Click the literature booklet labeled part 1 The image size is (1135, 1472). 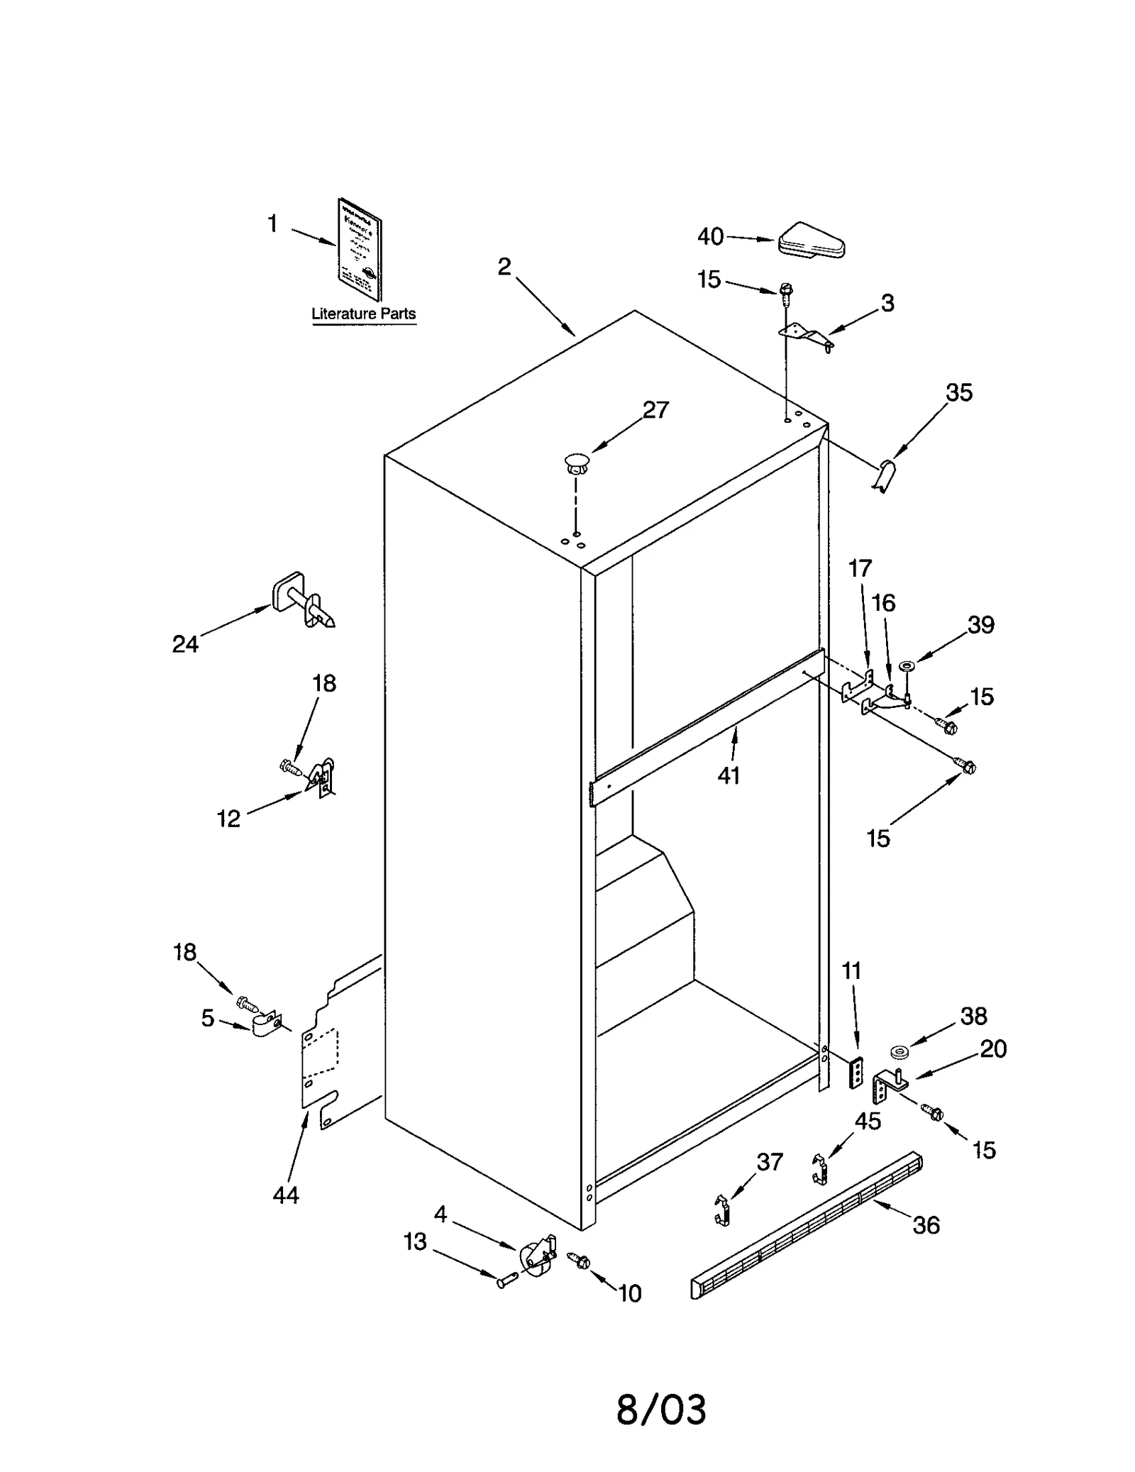pos(359,250)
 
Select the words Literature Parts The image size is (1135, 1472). pos(363,314)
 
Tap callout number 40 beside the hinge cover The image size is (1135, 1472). pos(710,236)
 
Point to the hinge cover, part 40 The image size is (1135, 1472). pos(812,241)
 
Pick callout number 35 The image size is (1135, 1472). pos(959,392)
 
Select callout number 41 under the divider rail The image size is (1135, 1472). pos(729,775)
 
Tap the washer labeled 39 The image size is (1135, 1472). pos(907,666)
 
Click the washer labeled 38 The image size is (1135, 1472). pos(899,1051)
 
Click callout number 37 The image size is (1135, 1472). pos(770,1162)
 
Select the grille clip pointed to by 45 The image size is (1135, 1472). pos(820,1168)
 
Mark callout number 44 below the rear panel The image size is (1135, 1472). pos(286,1195)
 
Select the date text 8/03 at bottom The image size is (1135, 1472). pos(661,1410)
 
